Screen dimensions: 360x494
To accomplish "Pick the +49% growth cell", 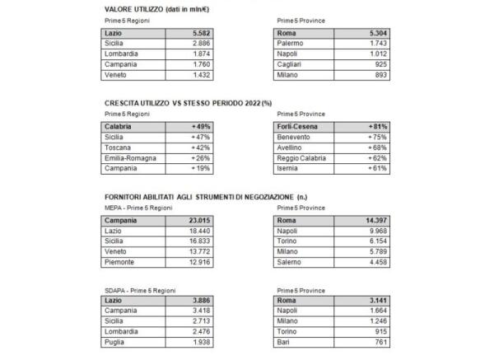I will click(200, 128).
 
